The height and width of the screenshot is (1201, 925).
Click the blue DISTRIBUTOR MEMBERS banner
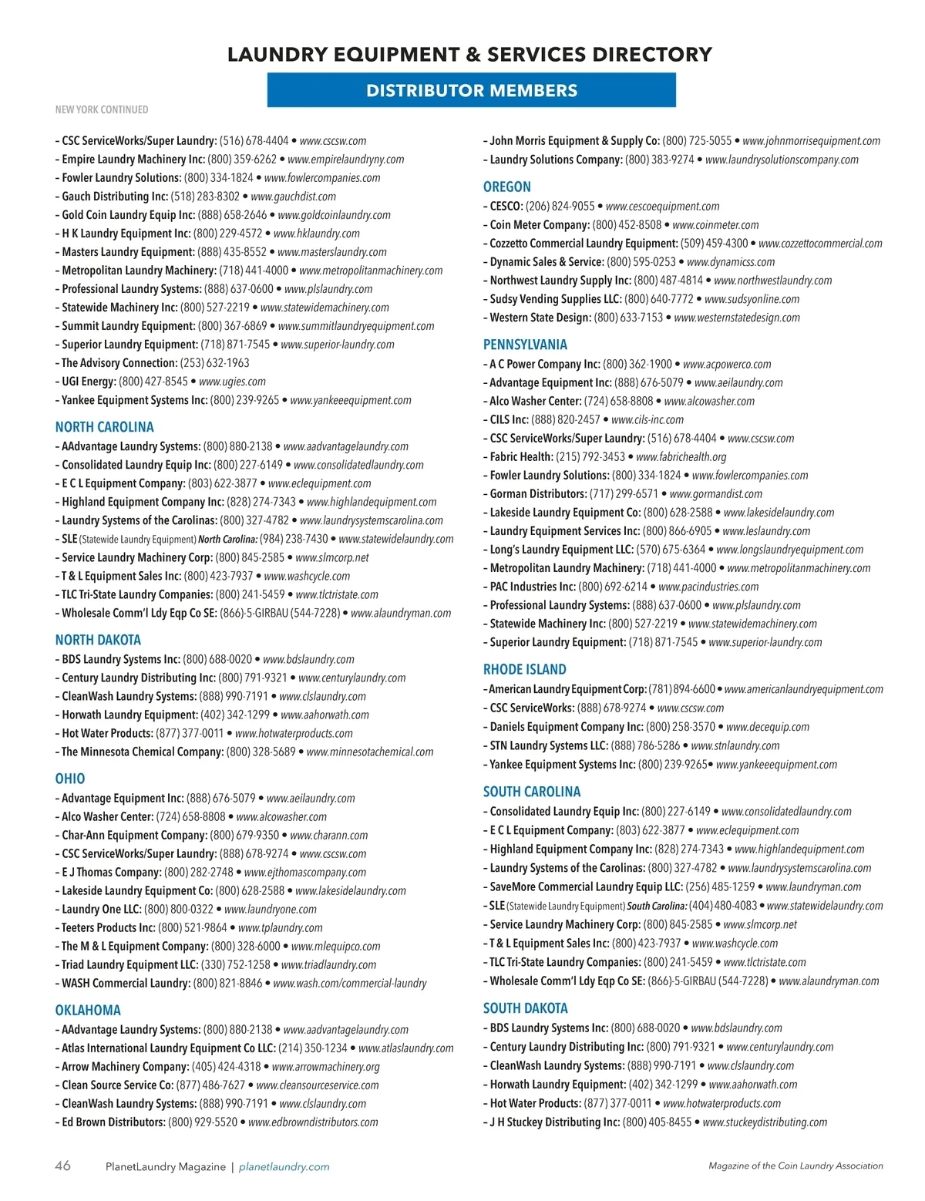coord(471,90)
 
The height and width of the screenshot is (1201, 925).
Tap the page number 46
coord(62,1166)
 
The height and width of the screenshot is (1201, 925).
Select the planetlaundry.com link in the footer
coord(284,1167)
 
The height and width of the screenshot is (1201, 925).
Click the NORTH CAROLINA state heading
coord(104,427)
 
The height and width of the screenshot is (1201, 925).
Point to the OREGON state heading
coord(506,187)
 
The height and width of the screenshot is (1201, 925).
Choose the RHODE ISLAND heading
coord(524,669)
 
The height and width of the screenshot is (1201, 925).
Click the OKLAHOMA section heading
coord(88,1010)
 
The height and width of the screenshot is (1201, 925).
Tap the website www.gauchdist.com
coord(293,197)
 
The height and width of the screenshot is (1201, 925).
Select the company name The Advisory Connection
coord(119,363)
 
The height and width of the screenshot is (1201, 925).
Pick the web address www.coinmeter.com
coord(715,225)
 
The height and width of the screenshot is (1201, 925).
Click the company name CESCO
coord(506,207)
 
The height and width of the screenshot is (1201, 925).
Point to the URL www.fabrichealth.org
coord(681,457)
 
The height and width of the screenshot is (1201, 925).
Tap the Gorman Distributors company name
coord(538,494)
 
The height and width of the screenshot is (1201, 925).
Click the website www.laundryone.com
coord(270,910)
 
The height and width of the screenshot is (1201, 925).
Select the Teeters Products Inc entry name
coord(108,928)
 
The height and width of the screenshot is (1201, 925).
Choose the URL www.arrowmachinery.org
coord(325,1067)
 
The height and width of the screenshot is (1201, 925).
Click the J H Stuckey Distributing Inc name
coord(554,1122)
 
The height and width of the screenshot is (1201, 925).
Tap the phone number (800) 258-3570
coord(681,727)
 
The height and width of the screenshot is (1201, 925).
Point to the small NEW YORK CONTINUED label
coord(102,109)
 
